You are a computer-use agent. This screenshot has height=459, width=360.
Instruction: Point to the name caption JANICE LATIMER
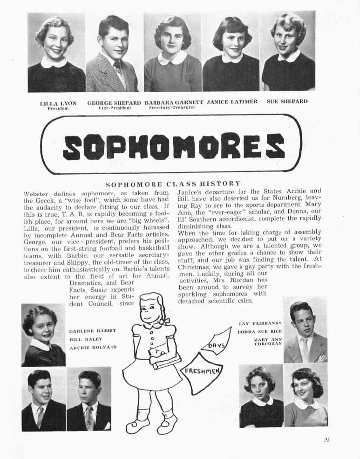click(232, 102)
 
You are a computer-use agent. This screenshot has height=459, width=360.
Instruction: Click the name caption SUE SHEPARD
click(287, 101)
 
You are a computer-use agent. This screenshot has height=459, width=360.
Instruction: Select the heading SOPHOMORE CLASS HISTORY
click(173, 184)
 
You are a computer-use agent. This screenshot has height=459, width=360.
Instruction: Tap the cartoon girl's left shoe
click(137, 425)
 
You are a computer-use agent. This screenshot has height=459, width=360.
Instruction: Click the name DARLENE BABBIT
click(92, 330)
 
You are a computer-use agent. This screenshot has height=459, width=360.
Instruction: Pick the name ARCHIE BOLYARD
click(92, 348)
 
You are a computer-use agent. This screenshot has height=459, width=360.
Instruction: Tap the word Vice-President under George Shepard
click(115, 107)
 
